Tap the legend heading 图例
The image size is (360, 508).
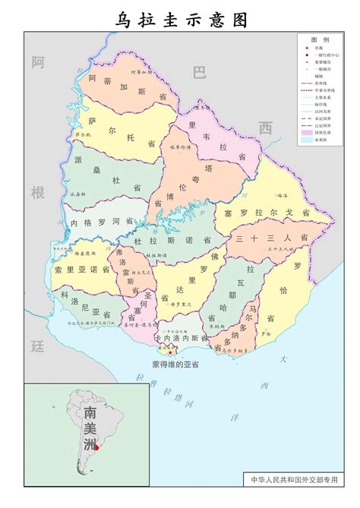(x=319, y=39)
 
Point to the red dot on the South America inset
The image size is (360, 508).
(x=96, y=447)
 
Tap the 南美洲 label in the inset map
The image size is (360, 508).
(x=90, y=426)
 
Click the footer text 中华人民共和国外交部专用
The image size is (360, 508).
(x=295, y=481)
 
